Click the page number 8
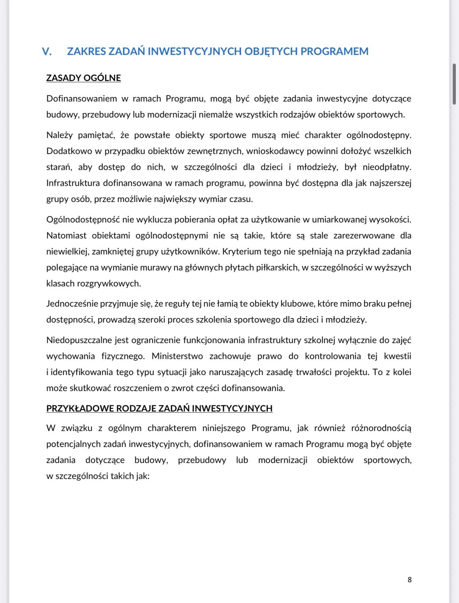(410, 579)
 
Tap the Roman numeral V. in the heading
(47, 51)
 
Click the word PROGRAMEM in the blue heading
(334, 51)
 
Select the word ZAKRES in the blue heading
(86, 51)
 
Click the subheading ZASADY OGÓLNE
(84, 78)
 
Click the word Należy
(59, 135)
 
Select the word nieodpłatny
(387, 167)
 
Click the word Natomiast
(66, 236)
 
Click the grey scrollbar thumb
(454, 84)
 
